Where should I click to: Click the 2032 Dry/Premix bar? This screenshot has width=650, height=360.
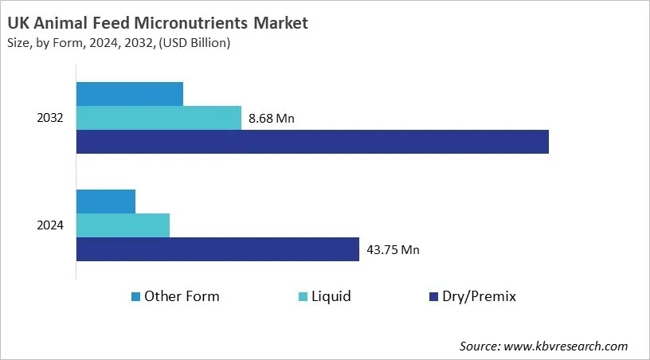click(312, 142)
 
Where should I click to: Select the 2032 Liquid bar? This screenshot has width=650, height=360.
click(159, 118)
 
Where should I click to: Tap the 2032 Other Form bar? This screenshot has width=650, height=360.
click(130, 94)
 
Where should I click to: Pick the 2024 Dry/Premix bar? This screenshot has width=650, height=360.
click(217, 249)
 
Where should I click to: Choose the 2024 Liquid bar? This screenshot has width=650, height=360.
click(123, 225)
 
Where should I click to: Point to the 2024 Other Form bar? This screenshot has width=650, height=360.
click(106, 202)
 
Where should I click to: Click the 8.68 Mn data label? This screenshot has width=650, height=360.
click(272, 119)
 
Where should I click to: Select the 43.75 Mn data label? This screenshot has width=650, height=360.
click(393, 250)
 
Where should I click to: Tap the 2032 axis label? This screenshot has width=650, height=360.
click(51, 118)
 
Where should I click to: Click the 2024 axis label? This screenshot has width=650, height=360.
click(51, 225)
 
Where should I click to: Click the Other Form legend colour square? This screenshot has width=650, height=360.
click(135, 297)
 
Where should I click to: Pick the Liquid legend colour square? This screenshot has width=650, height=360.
click(303, 297)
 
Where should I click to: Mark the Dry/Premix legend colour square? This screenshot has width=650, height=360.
click(434, 297)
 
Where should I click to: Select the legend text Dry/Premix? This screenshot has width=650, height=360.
click(480, 296)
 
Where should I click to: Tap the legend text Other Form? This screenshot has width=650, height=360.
click(182, 296)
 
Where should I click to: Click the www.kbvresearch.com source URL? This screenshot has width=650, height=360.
click(566, 346)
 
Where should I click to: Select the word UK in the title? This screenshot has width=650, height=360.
click(19, 24)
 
